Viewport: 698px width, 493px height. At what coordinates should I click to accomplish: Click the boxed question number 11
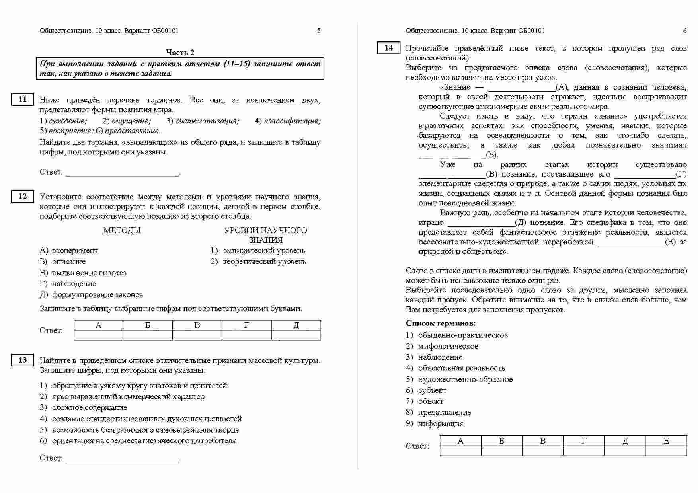click(23, 99)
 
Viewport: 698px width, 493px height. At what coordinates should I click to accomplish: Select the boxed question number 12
click(23, 196)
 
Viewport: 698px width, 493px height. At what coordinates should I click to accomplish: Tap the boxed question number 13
click(23, 360)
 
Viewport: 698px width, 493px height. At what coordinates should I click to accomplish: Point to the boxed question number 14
click(388, 48)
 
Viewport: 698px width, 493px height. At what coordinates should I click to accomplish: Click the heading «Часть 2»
click(180, 52)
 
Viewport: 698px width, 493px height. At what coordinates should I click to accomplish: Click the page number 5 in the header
click(318, 31)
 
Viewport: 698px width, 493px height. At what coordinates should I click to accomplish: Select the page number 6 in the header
click(684, 31)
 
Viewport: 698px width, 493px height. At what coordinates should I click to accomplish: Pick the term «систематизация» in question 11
click(207, 121)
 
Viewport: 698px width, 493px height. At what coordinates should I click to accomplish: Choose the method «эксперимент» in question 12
click(75, 251)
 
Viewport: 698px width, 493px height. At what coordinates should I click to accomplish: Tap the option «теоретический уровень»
click(265, 262)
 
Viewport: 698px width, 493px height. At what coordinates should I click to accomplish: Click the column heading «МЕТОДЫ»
click(122, 230)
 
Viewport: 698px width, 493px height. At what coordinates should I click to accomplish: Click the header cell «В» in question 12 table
click(197, 325)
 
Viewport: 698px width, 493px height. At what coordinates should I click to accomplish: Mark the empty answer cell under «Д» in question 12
click(296, 335)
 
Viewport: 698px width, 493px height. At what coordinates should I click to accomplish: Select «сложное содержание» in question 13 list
click(90, 407)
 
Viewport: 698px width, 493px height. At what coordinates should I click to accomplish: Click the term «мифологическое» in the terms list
click(448, 346)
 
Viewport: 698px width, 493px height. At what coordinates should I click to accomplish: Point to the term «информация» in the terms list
click(441, 423)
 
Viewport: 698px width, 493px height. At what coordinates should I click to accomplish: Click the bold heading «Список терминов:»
click(441, 323)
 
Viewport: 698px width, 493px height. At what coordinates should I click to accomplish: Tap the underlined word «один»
click(536, 281)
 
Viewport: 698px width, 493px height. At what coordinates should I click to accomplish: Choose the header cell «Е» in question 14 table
click(666, 441)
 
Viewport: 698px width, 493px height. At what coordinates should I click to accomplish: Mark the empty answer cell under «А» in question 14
click(460, 451)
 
